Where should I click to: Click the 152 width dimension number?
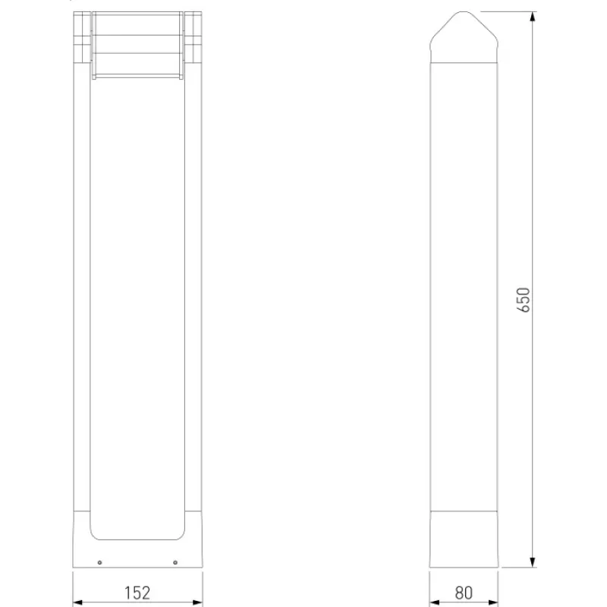137,593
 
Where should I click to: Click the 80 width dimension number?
464,593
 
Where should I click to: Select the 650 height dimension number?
523,300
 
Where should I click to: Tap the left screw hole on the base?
99,562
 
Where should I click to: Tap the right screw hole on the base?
175,562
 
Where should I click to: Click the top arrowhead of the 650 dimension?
533,17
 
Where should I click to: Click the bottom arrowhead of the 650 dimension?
533,562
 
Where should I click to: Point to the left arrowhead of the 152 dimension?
78,602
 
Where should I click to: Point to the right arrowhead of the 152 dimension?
197,602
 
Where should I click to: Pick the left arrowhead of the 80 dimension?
434,602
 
